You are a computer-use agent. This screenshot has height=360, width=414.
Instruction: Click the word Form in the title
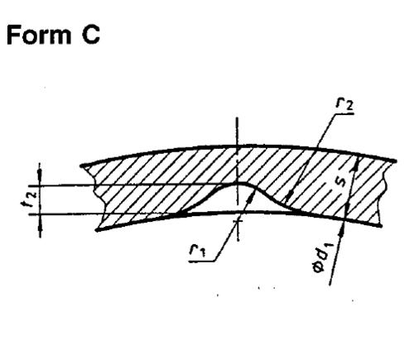point(39,35)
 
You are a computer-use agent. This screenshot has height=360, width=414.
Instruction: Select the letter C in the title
point(91,35)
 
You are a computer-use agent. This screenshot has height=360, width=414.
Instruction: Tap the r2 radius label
point(344,104)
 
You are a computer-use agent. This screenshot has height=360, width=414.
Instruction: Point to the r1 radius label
point(197,251)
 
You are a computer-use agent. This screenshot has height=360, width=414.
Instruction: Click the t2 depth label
point(28,199)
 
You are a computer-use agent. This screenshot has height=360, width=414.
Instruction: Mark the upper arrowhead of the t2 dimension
point(40,174)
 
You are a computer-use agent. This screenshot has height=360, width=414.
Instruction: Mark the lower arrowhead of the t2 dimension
point(41,226)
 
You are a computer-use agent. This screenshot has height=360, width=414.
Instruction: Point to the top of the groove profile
point(239,184)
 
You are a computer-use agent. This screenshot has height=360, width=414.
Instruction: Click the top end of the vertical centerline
point(237,118)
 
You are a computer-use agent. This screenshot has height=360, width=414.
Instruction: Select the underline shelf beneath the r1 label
point(202,261)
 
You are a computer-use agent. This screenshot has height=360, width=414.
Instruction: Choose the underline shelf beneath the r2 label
point(343,114)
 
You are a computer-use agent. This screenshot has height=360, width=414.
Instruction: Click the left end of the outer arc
point(81,166)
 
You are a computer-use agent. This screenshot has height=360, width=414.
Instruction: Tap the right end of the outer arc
point(396,161)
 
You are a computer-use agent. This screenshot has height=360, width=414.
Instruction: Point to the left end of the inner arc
point(97,230)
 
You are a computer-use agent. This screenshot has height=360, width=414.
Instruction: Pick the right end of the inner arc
point(381,226)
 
